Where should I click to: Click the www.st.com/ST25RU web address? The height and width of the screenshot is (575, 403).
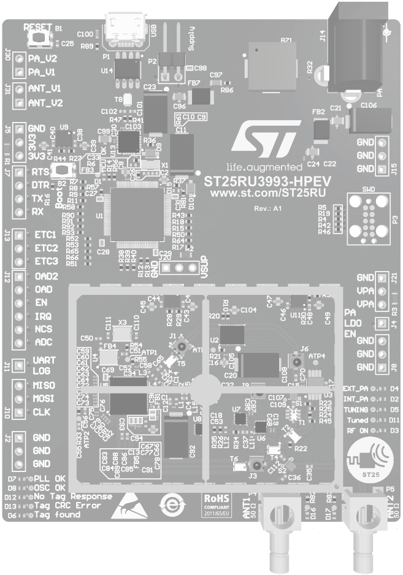pyautogui.click(x=267, y=193)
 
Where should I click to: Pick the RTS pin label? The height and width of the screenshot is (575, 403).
pyautogui.click(x=40, y=173)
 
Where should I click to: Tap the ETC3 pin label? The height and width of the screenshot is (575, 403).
pyautogui.click(x=45, y=261)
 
